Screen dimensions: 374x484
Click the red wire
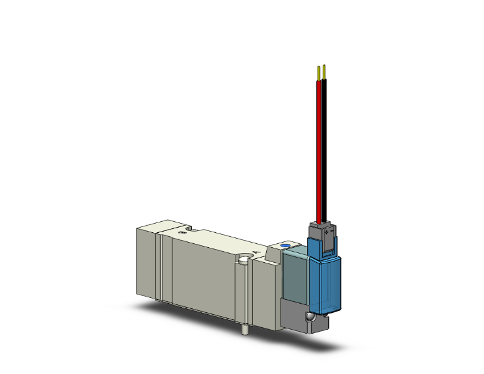319,150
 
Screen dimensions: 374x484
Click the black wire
325,150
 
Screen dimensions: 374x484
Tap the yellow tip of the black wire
324,70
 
